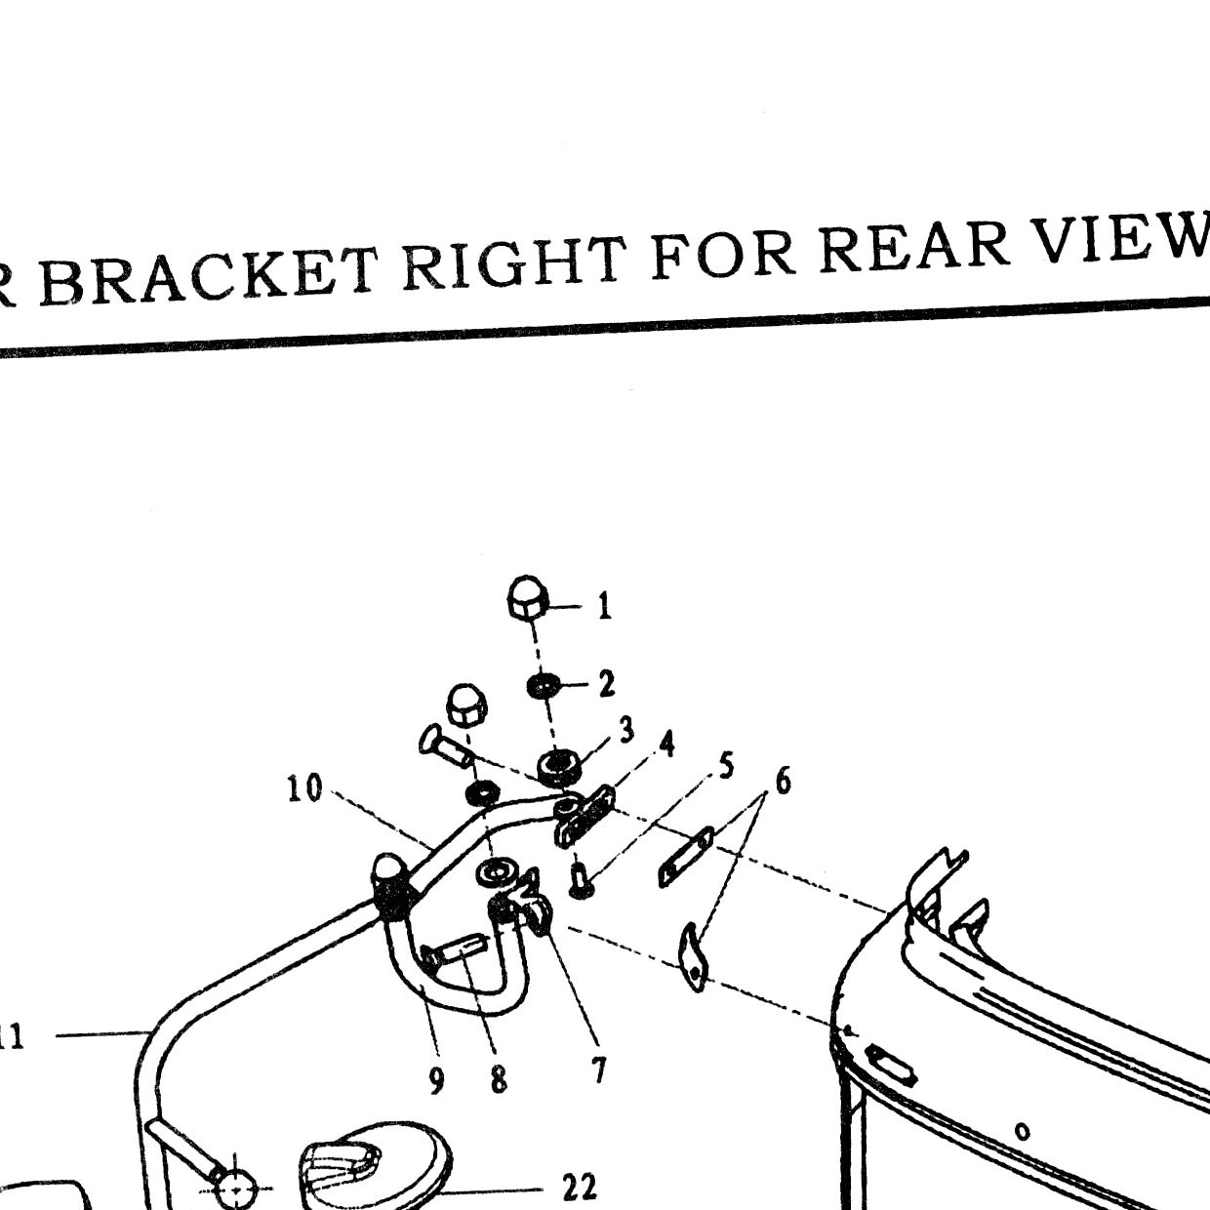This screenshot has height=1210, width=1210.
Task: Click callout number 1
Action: pyautogui.click(x=604, y=607)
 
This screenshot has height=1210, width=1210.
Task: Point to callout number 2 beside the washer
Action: pyautogui.click(x=607, y=684)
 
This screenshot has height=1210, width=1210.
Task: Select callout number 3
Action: pyautogui.click(x=626, y=730)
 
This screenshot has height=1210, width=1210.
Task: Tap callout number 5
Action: pyautogui.click(x=726, y=766)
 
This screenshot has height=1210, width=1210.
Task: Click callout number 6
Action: pyautogui.click(x=783, y=782)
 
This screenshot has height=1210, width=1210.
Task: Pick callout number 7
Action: pyautogui.click(x=599, y=1069)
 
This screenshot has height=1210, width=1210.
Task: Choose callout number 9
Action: pyautogui.click(x=437, y=1080)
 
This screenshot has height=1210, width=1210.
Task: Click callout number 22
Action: pyautogui.click(x=579, y=1187)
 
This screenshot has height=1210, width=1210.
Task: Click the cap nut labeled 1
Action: pyautogui.click(x=528, y=598)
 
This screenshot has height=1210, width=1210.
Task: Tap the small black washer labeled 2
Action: pyautogui.click(x=541, y=686)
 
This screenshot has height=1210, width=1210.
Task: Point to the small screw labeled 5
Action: pyautogui.click(x=581, y=881)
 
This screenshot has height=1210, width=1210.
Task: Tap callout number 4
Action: pyautogui.click(x=666, y=745)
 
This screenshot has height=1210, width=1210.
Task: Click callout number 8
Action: pyautogui.click(x=499, y=1080)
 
